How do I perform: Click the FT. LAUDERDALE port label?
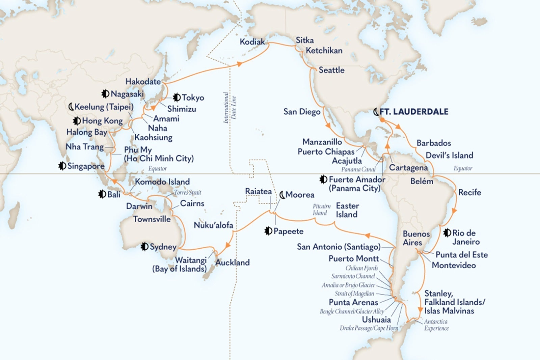414,112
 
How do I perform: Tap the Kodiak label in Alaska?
252,42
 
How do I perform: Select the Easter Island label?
347,210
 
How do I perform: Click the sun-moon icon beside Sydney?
145,247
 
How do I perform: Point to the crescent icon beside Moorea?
282,195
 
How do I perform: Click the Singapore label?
86,166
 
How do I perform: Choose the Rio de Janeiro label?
466,237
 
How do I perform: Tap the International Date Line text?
230,108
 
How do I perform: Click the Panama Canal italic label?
358,169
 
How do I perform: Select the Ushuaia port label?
376,320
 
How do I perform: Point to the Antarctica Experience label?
436,325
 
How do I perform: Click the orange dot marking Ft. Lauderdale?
382,119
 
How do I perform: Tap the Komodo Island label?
162,182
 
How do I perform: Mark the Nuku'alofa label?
213,225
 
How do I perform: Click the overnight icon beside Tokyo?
176,98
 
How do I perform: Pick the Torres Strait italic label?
188,193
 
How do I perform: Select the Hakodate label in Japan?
143,81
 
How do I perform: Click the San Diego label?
302,112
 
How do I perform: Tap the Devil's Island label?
449,155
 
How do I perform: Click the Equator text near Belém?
463,168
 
